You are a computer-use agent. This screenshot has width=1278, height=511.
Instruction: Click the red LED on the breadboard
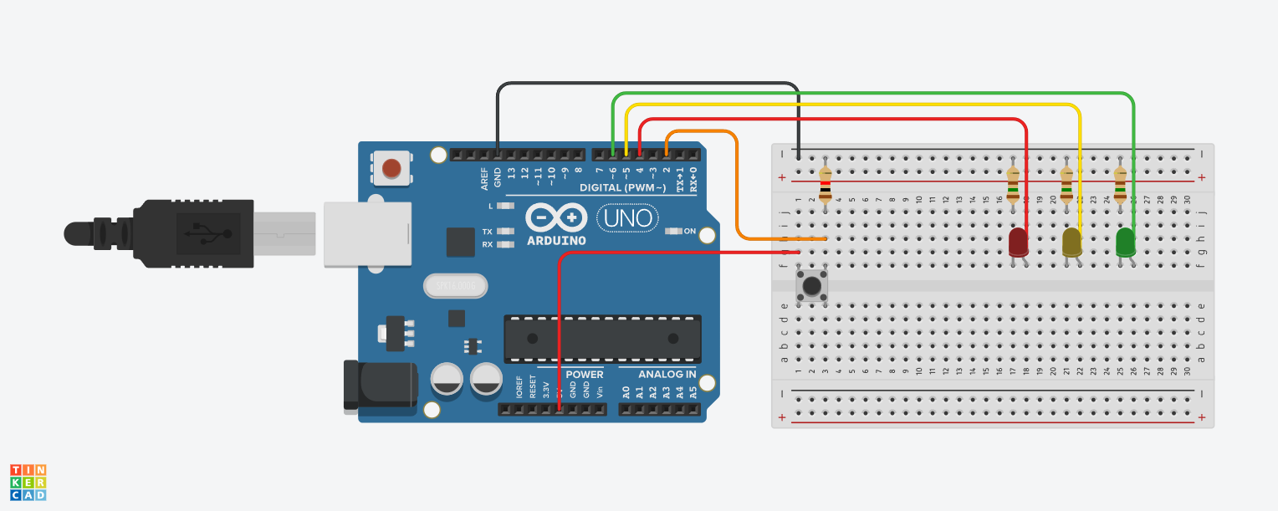1018,243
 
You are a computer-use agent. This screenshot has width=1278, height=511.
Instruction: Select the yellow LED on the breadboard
1071,243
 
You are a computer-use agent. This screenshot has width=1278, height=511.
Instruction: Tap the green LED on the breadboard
1126,243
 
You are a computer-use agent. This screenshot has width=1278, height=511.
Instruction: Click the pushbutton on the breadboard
811,286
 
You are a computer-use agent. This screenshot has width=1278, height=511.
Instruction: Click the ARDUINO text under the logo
556,240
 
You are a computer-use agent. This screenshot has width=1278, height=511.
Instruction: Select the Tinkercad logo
28,483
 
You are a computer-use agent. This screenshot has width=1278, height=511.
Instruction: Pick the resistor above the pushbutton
826,185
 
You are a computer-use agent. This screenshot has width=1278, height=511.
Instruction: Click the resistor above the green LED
1121,185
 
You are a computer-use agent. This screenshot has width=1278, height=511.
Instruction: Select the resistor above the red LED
1014,185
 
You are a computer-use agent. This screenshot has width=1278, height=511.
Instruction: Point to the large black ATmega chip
602,339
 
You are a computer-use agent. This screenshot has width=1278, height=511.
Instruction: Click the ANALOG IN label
667,374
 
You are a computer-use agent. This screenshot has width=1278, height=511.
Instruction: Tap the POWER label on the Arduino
584,374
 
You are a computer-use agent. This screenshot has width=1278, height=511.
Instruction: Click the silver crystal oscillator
454,286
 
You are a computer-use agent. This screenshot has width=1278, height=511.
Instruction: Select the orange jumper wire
737,192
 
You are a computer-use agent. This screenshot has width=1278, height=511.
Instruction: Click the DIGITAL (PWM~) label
623,187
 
